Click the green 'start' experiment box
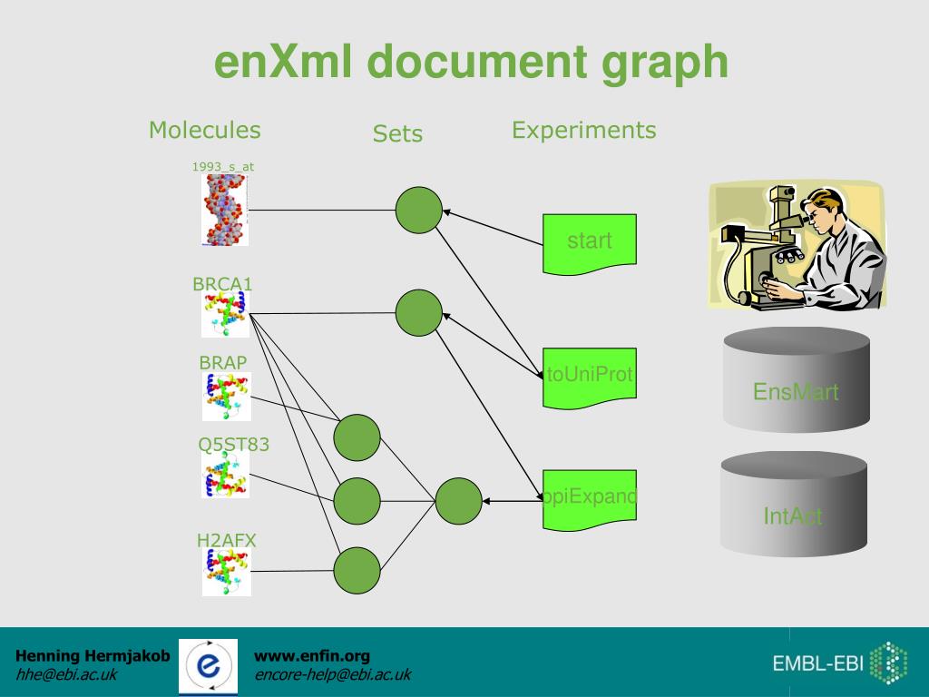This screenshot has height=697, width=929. coord(590,242)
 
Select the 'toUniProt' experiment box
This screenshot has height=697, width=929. coord(590,373)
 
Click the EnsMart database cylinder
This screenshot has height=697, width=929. coord(796,381)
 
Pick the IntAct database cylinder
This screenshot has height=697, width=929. coord(793,505)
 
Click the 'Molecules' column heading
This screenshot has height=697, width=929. coord(204,131)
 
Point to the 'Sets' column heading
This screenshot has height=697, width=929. coord(397,134)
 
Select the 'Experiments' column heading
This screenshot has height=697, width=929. coord(583,131)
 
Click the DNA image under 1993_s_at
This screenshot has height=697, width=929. coord(224,210)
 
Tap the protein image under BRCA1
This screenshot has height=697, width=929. coord(225,315)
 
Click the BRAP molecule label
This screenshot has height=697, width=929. coord(223,362)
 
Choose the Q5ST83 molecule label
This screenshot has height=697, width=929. coord(234,445)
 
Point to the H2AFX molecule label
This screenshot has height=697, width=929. coord(227,541)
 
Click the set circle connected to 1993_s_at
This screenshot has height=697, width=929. coord(419,210)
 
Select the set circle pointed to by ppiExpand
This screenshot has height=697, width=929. coord(458,501)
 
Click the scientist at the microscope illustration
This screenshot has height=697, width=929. coord(796,245)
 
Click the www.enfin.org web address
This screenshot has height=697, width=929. coord(312,655)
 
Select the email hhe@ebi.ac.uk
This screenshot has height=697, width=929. coord(66,674)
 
